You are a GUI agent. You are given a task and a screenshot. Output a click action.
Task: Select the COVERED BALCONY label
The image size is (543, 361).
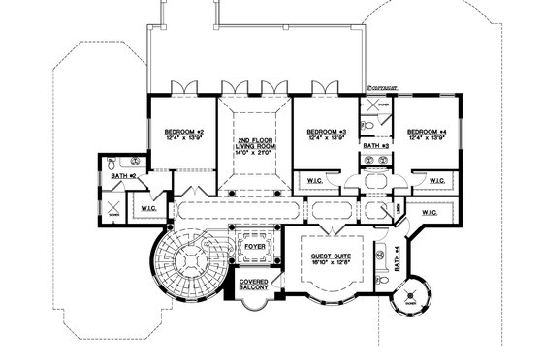click(x=255, y=286)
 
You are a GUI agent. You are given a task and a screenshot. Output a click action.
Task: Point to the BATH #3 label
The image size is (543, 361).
click(x=375, y=145)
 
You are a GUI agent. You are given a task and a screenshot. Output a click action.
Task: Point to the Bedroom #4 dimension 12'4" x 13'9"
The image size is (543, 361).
click(x=426, y=138)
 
